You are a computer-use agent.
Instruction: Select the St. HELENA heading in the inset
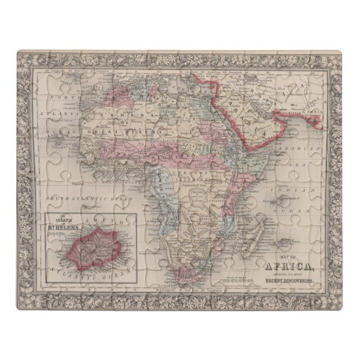tap(65, 226)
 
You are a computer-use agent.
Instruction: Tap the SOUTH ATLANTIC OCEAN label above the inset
tap(85, 198)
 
